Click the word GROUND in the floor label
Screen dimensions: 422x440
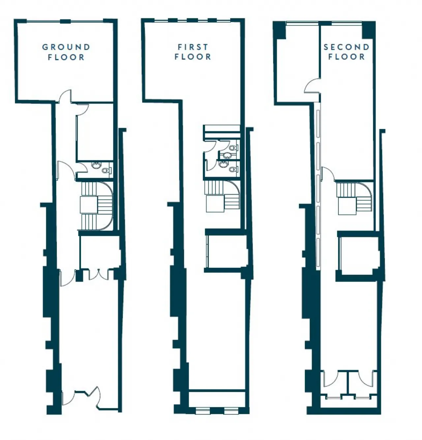pos(66,47)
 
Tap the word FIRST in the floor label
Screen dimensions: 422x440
pos(193,47)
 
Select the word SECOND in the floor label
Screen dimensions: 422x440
pos(347,47)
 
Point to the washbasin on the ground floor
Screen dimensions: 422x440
pos(97,165)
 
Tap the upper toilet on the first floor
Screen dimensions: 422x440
pos(233,148)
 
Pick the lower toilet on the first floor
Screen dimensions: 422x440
pos(233,169)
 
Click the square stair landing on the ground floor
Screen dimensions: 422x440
pos(89,204)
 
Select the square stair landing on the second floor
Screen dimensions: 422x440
pos(347,206)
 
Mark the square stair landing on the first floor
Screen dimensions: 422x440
pos(215,203)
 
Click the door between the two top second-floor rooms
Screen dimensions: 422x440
pos(312,86)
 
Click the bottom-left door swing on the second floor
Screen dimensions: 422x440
pos(331,379)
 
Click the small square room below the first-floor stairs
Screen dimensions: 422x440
pos(227,251)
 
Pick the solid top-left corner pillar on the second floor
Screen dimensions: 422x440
pos(279,30)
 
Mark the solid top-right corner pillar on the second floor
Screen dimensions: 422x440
pos(369,30)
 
